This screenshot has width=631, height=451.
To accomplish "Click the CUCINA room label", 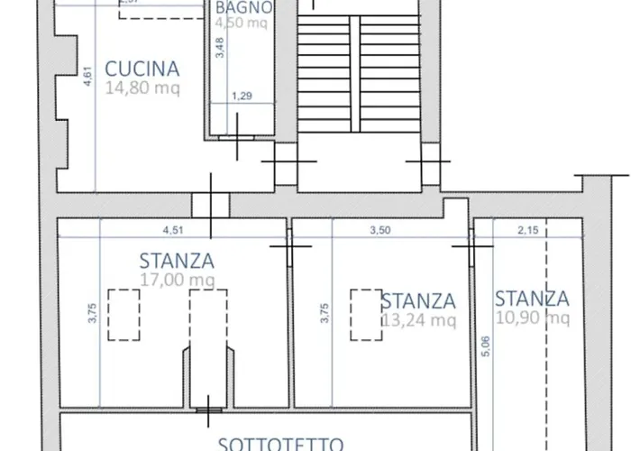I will (x=142, y=69).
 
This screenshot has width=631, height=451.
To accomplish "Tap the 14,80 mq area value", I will (x=142, y=89).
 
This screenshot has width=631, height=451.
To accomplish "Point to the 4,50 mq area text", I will (x=239, y=24).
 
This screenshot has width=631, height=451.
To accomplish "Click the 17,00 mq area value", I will (x=177, y=281).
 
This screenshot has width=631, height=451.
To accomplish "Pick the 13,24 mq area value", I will (x=417, y=319).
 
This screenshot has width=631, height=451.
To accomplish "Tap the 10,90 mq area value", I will (x=532, y=318).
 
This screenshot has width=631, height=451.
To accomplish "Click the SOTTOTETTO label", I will (x=280, y=443).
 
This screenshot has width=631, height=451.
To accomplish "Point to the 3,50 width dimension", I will (x=380, y=230).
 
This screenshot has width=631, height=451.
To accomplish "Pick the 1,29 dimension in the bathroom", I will (x=241, y=96).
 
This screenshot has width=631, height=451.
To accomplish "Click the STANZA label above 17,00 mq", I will (x=177, y=262).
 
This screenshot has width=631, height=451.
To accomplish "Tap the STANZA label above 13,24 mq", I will (x=417, y=300).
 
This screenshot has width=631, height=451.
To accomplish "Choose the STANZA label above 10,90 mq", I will (x=532, y=299).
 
